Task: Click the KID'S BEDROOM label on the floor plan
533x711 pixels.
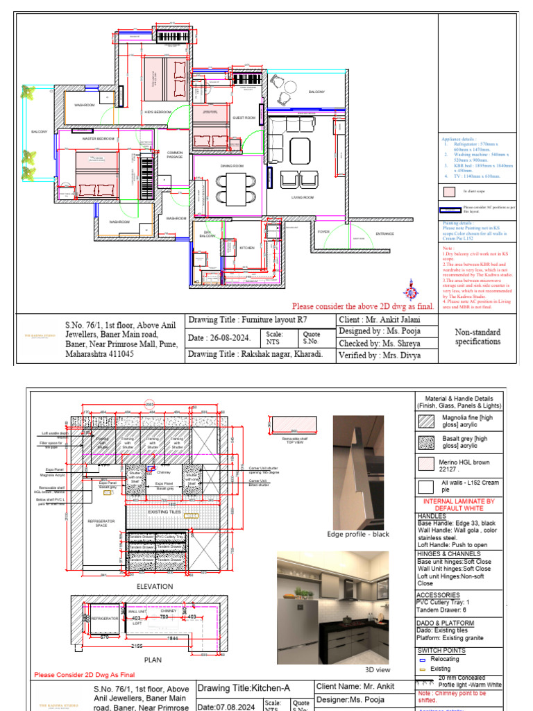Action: [x=158, y=112]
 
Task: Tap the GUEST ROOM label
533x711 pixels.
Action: [x=244, y=118]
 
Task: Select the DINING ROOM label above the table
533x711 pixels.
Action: [x=232, y=166]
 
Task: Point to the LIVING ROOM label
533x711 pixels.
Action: [x=303, y=198]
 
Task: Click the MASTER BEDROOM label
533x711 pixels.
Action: [x=98, y=139]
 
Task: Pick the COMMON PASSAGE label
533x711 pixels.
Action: [x=175, y=156]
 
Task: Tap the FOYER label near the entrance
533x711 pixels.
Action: [x=323, y=231]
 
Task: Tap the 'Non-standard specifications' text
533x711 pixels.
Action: [x=477, y=337]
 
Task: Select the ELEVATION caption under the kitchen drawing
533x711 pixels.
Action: [x=155, y=587]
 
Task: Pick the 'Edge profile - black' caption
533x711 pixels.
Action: [x=359, y=534]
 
